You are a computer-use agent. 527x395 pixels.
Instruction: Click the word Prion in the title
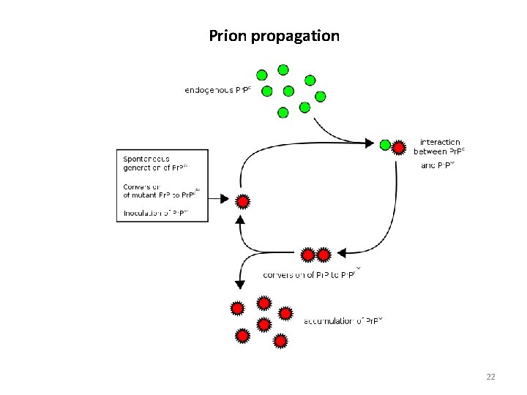pos(228,36)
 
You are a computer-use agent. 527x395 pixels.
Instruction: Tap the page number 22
pos(490,377)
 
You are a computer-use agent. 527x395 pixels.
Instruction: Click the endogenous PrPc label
pos(218,91)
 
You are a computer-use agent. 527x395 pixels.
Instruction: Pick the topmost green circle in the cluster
pos(283,70)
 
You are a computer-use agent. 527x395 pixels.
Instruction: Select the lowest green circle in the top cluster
pos(283,113)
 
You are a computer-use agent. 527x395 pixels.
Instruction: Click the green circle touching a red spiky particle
pos(385,145)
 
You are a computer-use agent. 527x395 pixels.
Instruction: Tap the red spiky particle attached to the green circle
pos(398,148)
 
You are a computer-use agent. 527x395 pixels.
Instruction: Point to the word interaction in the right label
pos(440,142)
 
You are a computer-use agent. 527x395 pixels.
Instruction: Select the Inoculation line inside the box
pos(155,213)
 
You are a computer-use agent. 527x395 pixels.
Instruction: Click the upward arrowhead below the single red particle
pos(239,219)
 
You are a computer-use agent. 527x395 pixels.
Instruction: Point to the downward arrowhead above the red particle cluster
pos(238,284)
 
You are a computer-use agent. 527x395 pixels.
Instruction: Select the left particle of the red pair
pos(308,255)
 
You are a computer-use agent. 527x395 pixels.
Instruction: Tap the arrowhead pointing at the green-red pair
pos(370,143)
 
